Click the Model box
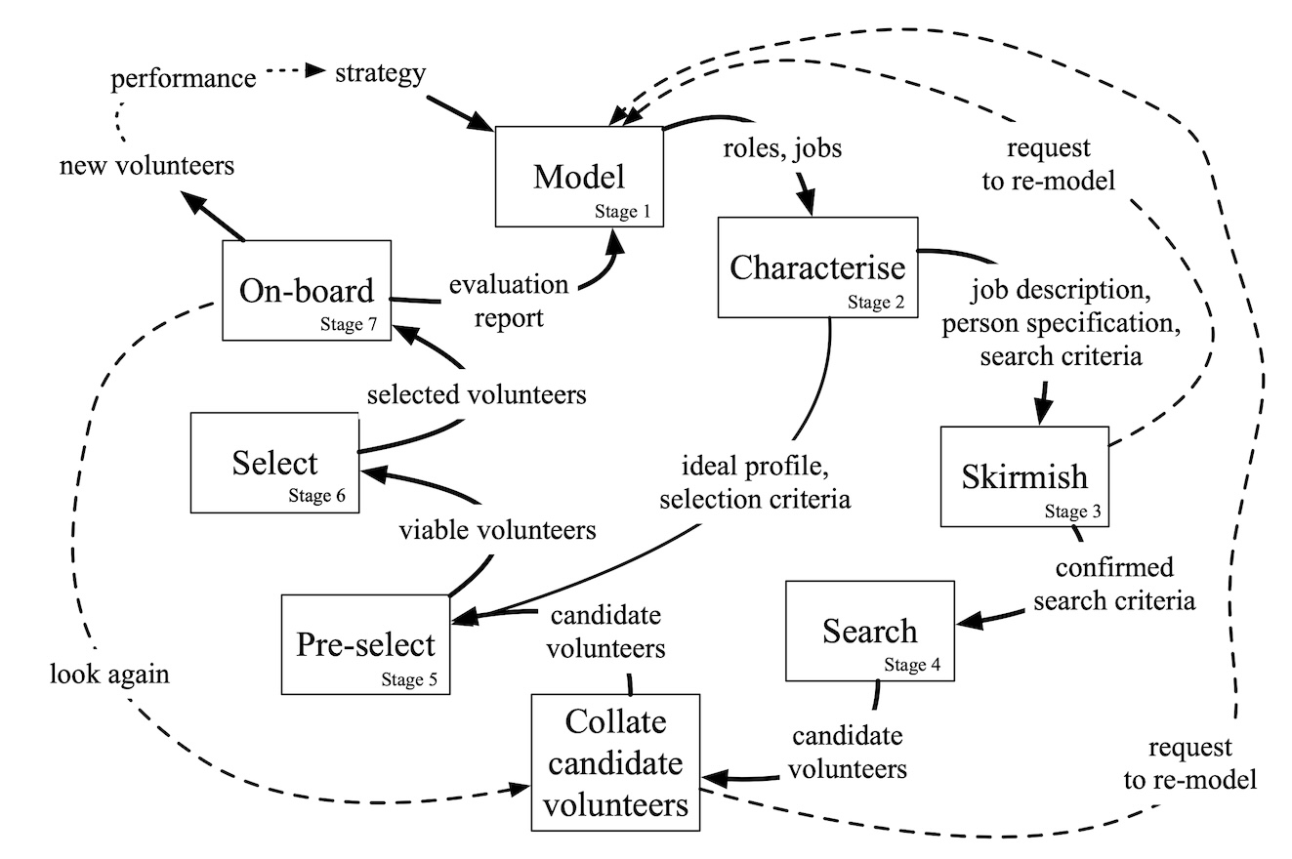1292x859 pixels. pyautogui.click(x=579, y=177)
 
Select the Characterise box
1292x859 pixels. pyautogui.click(x=817, y=266)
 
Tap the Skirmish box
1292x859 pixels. pyautogui.click(x=1024, y=476)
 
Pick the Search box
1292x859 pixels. pyautogui.click(x=869, y=631)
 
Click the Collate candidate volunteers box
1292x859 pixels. pyautogui.click(x=616, y=762)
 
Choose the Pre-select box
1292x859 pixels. pyautogui.click(x=365, y=644)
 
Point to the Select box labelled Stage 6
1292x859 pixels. pyautogui.click(x=274, y=463)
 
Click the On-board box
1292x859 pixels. pyautogui.click(x=308, y=290)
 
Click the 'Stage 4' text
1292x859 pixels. pyautogui.click(x=912, y=666)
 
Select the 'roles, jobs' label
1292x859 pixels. pyautogui.click(x=781, y=149)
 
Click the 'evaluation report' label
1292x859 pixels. pyautogui.click(x=508, y=301)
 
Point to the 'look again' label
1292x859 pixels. pyautogui.click(x=109, y=675)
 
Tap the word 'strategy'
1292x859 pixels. pyautogui.click(x=379, y=72)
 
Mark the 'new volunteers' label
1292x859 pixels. pyautogui.click(x=146, y=166)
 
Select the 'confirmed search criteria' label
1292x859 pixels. pyautogui.click(x=1113, y=584)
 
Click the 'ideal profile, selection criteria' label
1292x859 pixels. pyautogui.click(x=754, y=484)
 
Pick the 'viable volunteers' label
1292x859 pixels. pyautogui.click(x=497, y=531)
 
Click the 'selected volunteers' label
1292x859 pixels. pyautogui.click(x=476, y=395)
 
